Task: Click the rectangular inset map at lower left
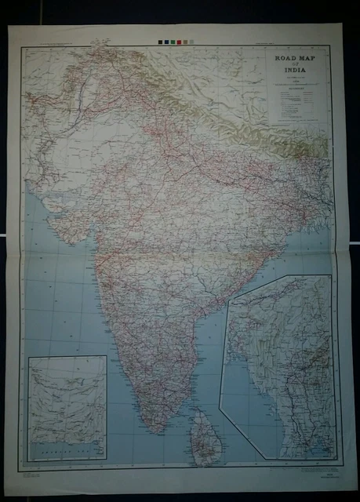pos(67,408)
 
